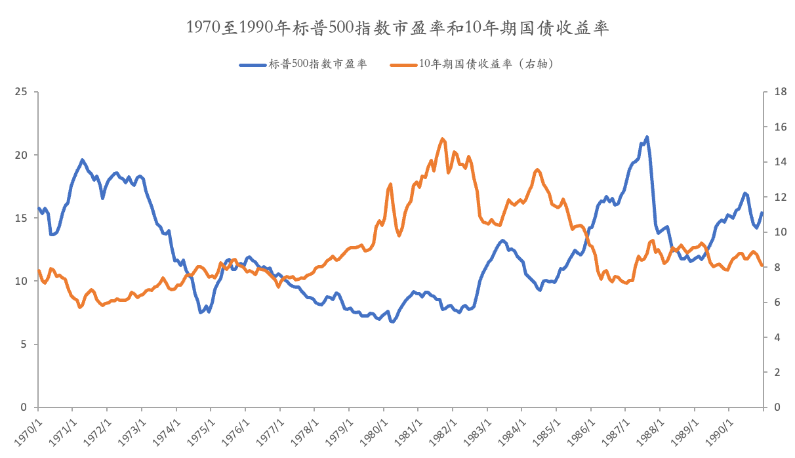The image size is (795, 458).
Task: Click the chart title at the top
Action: click(398, 27)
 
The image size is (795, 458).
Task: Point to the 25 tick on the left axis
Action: click(22, 92)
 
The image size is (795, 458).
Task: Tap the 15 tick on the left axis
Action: click(22, 218)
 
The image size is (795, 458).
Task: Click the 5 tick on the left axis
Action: click(25, 344)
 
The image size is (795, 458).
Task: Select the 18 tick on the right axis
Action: click(781, 92)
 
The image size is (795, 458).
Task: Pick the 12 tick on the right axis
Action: click(781, 197)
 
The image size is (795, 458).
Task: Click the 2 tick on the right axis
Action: click(778, 372)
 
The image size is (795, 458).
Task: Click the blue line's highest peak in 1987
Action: click(647, 137)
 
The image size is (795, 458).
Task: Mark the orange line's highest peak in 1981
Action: click(442, 138)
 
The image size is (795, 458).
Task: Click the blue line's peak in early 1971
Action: click(82, 159)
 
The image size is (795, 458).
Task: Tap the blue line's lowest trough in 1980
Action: click(392, 322)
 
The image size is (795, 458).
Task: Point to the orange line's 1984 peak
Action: click(537, 169)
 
